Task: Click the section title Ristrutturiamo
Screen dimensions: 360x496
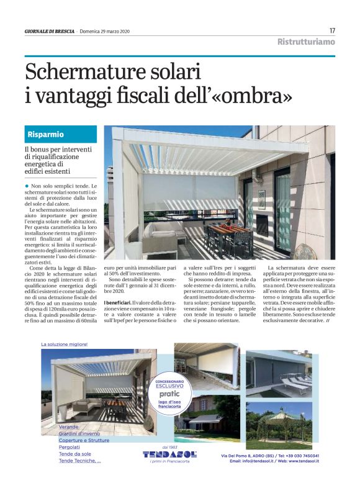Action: coord(306,42)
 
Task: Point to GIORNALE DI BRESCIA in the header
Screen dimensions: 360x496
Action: coord(49,31)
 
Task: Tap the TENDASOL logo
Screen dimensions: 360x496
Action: coord(169,454)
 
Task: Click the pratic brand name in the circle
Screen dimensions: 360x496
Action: coord(169,394)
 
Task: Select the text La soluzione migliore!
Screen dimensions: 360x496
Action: coord(65,344)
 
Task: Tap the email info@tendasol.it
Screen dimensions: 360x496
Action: coord(253,461)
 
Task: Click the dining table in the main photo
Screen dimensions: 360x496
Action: coord(225,234)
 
